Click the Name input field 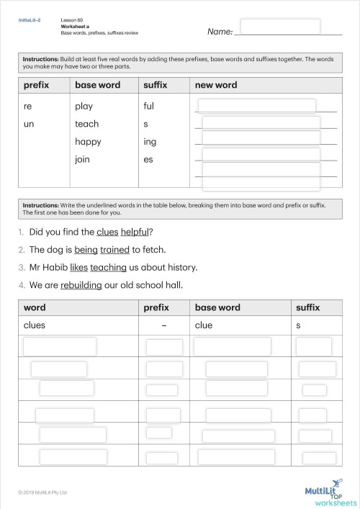pyautogui.click(x=280, y=27)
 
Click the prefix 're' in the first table pyautogui.click(x=27, y=106)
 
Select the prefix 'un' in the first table pyautogui.click(x=28, y=124)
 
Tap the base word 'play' pyautogui.click(x=84, y=107)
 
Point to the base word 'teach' pyautogui.click(x=86, y=124)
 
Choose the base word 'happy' pyautogui.click(x=88, y=142)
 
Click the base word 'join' pyautogui.click(x=82, y=159)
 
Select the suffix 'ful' pyautogui.click(x=150, y=106)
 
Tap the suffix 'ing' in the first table pyautogui.click(x=150, y=142)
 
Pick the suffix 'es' pyautogui.click(x=148, y=159)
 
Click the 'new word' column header pyautogui.click(x=216, y=85)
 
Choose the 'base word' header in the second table pyautogui.click(x=217, y=307)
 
